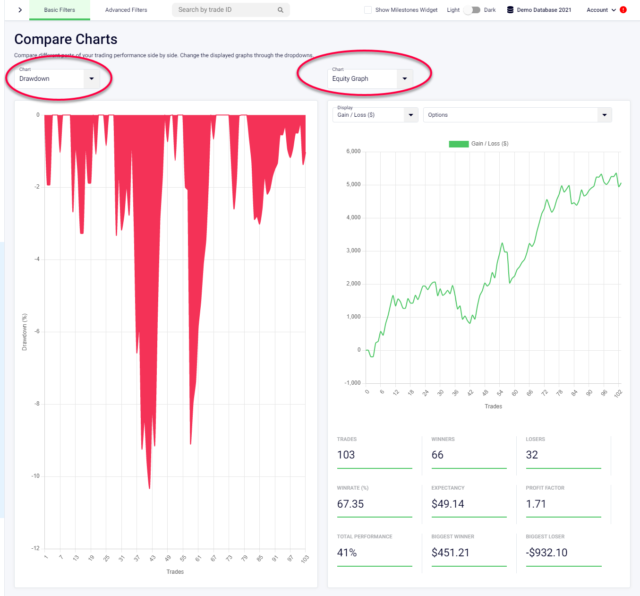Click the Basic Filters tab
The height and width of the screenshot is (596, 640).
pyautogui.click(x=60, y=10)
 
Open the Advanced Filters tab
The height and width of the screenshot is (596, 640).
pyautogui.click(x=126, y=10)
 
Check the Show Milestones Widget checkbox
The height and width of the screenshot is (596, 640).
pyautogui.click(x=368, y=10)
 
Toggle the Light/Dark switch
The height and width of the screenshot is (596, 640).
pyautogui.click(x=472, y=10)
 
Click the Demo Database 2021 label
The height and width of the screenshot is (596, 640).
pyautogui.click(x=544, y=10)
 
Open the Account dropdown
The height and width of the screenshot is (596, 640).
pyautogui.click(x=601, y=10)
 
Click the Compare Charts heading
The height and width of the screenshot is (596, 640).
pyautogui.click(x=66, y=39)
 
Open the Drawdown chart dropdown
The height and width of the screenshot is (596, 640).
pyautogui.click(x=57, y=79)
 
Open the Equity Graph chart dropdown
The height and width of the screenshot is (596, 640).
pyautogui.click(x=370, y=79)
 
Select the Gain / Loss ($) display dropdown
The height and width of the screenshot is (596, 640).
pyautogui.click(x=375, y=115)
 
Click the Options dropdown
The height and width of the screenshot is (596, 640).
pyautogui.click(x=517, y=115)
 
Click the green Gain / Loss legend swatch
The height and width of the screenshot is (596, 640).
pyautogui.click(x=458, y=144)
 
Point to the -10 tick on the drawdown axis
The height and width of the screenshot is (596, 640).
pyautogui.click(x=36, y=476)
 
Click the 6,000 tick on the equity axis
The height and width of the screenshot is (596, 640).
pyautogui.click(x=353, y=151)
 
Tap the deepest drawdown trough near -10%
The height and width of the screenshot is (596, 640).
pyautogui.click(x=149, y=487)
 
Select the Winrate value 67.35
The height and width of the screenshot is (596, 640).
pyautogui.click(x=350, y=504)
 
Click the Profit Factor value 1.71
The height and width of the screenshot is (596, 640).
pyautogui.click(x=536, y=504)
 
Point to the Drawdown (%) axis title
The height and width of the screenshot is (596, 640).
pyautogui.click(x=25, y=332)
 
